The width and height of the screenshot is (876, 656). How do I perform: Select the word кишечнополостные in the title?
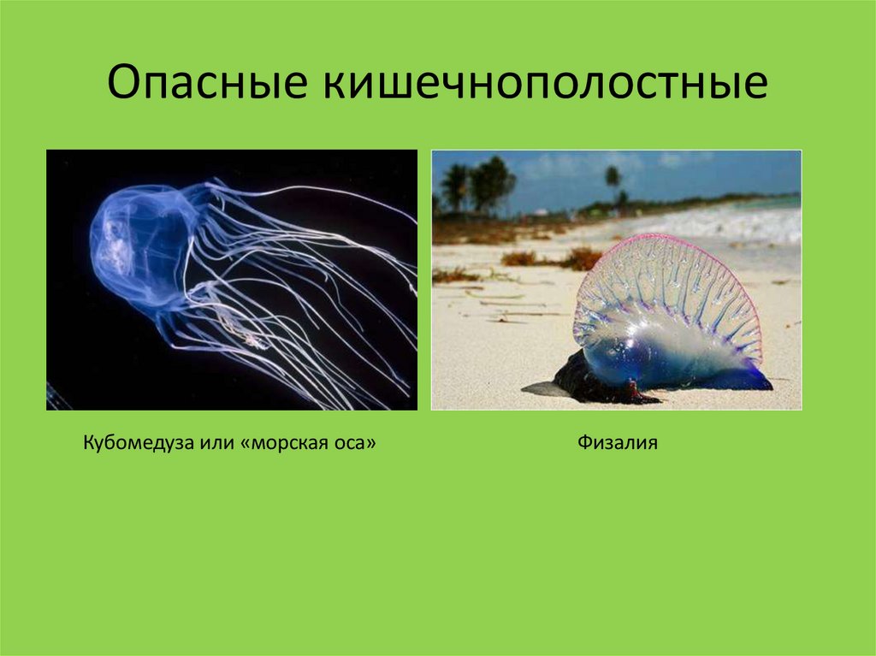tap(544, 86)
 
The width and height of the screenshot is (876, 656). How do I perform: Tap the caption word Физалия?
tap(617, 444)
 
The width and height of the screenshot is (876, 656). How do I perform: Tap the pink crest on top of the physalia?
tap(676, 243)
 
